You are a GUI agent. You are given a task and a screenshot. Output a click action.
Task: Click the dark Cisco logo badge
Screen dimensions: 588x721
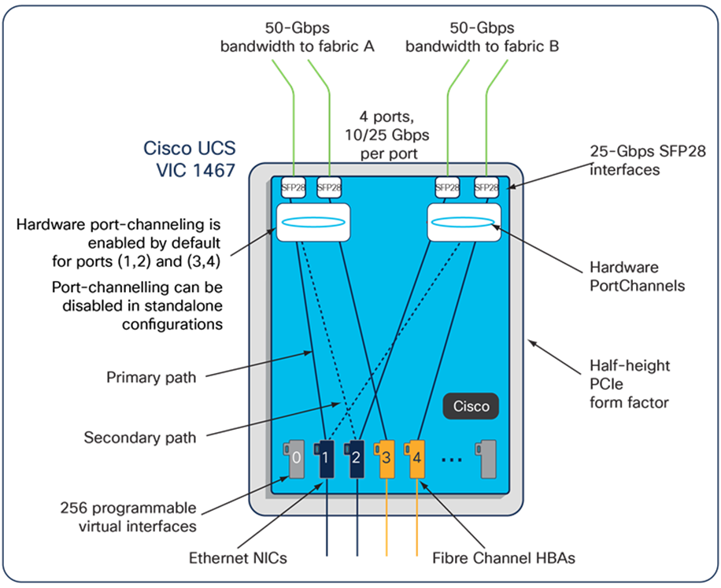pyautogui.click(x=471, y=406)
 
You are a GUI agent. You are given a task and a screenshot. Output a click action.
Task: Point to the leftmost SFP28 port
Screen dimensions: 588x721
pyautogui.click(x=294, y=187)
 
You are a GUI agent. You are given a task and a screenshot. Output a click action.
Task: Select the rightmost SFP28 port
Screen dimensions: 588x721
pyautogui.click(x=486, y=187)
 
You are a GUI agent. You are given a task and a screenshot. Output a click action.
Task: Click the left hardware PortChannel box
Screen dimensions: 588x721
pyautogui.click(x=312, y=222)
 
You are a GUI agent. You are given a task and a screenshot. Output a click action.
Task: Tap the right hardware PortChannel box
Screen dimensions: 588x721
pyautogui.click(x=464, y=222)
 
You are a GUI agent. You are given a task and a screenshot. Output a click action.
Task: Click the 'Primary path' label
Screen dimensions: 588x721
pyautogui.click(x=151, y=378)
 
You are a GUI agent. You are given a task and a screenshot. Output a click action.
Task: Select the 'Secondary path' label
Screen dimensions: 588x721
pyautogui.click(x=140, y=437)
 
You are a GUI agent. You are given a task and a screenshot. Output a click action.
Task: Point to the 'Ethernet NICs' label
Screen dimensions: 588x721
pyautogui.click(x=238, y=558)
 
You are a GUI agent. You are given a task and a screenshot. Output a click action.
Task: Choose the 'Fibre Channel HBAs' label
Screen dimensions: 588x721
pyautogui.click(x=504, y=558)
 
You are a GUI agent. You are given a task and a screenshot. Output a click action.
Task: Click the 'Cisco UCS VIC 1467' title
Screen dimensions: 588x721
pyautogui.click(x=189, y=157)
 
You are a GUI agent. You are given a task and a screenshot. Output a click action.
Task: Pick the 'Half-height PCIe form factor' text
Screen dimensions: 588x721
pyautogui.click(x=630, y=384)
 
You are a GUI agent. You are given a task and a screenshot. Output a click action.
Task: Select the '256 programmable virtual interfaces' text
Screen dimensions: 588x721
pyautogui.click(x=138, y=517)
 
